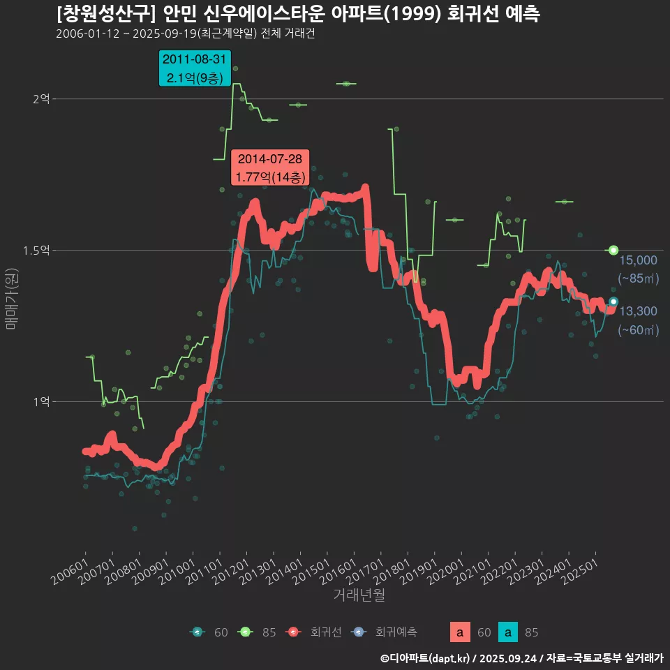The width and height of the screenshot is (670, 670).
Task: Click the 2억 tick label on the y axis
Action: click(x=41, y=99)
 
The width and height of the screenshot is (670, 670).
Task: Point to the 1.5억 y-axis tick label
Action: click(x=38, y=250)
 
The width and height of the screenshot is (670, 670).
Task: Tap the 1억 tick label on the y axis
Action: click(x=41, y=401)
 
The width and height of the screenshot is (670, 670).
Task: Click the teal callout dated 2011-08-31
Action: click(x=195, y=68)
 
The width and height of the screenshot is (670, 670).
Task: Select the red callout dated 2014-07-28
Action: click(x=269, y=168)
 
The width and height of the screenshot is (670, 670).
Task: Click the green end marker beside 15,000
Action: click(x=613, y=250)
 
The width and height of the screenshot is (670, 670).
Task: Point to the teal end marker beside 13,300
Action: click(x=613, y=301)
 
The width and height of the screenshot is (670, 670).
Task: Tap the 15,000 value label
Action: click(x=638, y=260)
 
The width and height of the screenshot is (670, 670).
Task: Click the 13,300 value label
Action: click(x=638, y=311)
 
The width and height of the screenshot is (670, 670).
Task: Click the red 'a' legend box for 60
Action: click(x=459, y=632)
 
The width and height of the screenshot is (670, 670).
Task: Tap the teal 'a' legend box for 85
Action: click(x=508, y=632)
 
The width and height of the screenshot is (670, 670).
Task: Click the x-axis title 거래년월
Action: click(x=359, y=595)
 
